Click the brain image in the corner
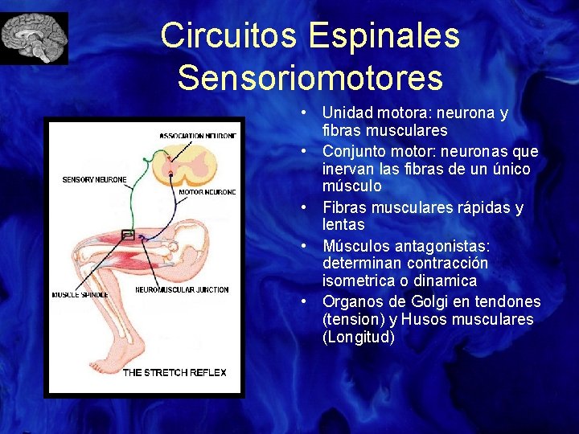pyautogui.click(x=35, y=38)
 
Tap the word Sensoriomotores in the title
pyautogui.click(x=310, y=78)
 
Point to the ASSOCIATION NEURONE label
pyautogui.click(x=198, y=136)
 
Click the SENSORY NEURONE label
pyautogui.click(x=94, y=179)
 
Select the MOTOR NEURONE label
pyautogui.click(x=207, y=192)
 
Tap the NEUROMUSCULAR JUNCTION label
pyautogui.click(x=182, y=289)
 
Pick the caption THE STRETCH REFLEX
pyautogui.click(x=174, y=372)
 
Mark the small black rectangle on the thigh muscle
pyautogui.click(x=127, y=235)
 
